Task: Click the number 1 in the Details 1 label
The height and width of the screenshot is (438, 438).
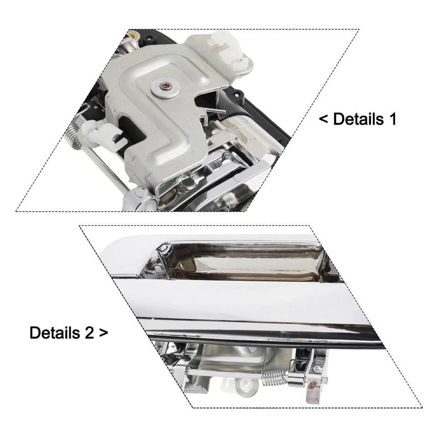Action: (x=391, y=119)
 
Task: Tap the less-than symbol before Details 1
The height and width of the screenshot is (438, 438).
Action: (x=323, y=120)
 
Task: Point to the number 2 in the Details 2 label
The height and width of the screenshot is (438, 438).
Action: (x=89, y=333)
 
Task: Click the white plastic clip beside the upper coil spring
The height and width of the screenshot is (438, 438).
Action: (x=102, y=134)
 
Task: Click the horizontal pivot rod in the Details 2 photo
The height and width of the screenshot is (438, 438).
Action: (x=219, y=373)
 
